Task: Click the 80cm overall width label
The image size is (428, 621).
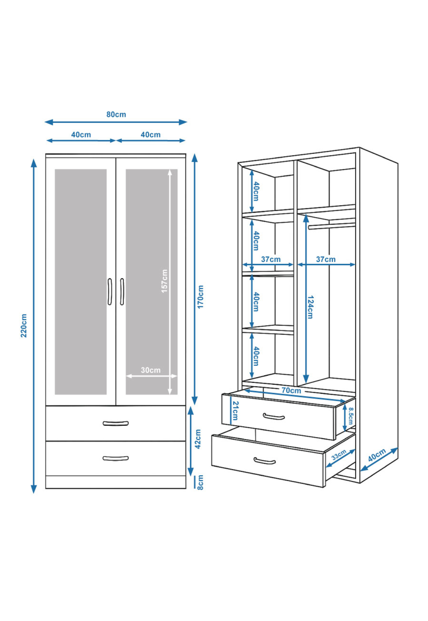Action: (116, 115)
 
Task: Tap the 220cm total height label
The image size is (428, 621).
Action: (24, 326)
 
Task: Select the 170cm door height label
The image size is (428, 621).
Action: (201, 297)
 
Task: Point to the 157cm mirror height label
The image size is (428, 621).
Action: (165, 281)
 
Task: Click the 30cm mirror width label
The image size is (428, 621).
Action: (150, 370)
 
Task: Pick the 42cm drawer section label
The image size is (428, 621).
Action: (198, 439)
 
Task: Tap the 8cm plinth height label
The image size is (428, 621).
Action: (200, 482)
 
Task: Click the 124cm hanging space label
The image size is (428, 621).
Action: (310, 307)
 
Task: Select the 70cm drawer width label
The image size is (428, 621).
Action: (291, 390)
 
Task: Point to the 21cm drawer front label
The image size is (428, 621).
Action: (235, 410)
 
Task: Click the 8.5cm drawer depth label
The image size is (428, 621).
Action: (351, 416)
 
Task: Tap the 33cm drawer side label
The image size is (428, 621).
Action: (339, 455)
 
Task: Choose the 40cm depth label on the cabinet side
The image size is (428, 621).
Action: (376, 455)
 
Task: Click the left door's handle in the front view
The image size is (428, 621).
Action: (110, 292)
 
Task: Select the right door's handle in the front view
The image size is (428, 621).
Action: (122, 292)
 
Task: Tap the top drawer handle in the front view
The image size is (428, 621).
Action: (116, 424)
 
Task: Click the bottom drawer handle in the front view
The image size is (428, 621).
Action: (116, 458)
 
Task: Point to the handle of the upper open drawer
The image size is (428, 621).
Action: (274, 417)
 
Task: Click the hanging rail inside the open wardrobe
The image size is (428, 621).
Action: (332, 226)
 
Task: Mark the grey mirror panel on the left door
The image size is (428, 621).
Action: (81, 282)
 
